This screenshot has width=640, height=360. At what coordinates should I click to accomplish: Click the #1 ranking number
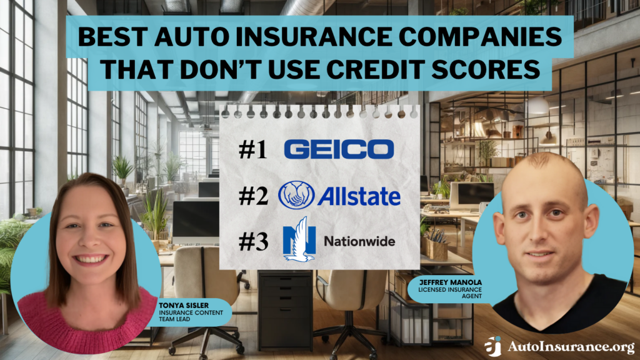click(x=254, y=149)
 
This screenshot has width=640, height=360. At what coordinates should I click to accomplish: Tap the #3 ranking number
click(x=254, y=241)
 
